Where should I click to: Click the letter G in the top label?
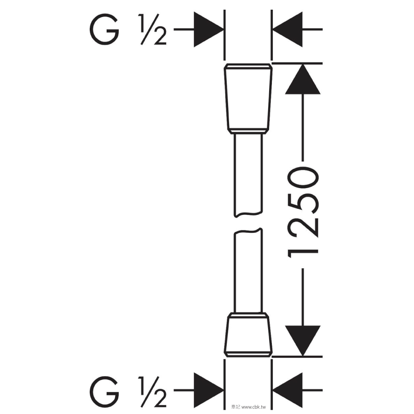point(104,29)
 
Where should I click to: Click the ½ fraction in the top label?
point(152,29)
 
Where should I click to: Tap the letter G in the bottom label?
point(104,392)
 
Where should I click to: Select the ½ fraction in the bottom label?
point(152,392)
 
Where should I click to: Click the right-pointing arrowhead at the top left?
point(208,29)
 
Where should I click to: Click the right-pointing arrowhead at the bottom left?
point(208,390)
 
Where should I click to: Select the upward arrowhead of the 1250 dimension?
point(303,79)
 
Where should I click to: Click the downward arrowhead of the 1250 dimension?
point(303,340)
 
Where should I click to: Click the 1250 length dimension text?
point(303,212)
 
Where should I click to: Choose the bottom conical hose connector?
point(248,334)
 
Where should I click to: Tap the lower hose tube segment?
point(248,270)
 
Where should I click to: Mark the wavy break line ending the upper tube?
point(248,214)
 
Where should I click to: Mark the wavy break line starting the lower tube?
point(248,231)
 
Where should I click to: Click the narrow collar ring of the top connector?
point(248,131)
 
